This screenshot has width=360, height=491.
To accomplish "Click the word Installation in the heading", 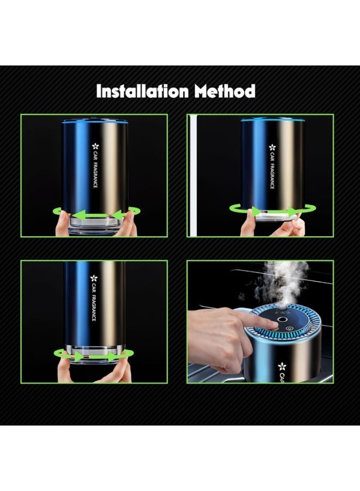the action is [x=142, y=92].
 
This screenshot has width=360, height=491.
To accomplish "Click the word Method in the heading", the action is [x=225, y=92].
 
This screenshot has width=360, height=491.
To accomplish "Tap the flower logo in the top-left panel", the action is [x=95, y=146].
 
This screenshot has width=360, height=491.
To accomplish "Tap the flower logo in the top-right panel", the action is [x=272, y=147].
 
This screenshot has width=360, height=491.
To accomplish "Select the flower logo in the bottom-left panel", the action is [x=94, y=278].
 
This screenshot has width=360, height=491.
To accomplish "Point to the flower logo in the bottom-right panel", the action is [x=283, y=366].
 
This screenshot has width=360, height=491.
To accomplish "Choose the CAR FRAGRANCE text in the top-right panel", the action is [x=272, y=171].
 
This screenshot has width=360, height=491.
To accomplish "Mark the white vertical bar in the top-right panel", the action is [x=195, y=175].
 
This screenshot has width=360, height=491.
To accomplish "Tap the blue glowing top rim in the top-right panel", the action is [x=272, y=120].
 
